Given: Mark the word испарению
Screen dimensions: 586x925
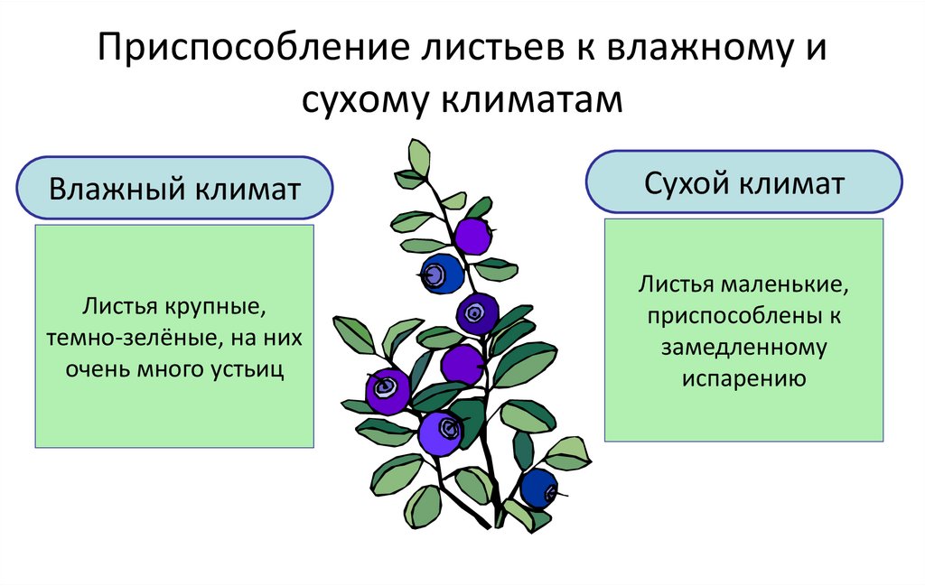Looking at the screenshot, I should click(743, 377).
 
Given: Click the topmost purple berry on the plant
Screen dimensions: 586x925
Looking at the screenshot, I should click(472, 236).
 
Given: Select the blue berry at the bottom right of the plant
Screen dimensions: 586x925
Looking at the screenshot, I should click(539, 488).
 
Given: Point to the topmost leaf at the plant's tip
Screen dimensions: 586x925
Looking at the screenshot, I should click(419, 157).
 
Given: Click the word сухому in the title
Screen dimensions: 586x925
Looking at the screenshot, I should click(364, 98).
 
